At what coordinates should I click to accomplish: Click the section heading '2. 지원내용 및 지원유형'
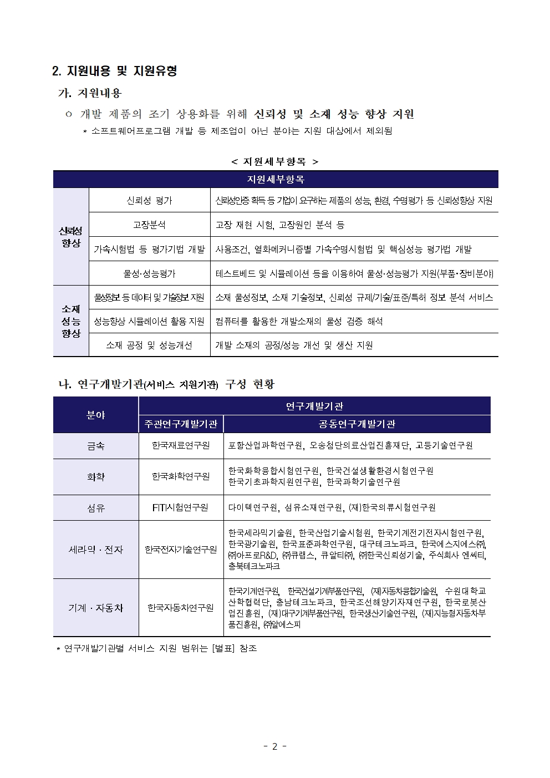click(114, 71)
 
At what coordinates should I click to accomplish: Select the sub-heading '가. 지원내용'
click(90, 93)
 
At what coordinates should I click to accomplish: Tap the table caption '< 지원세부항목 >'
click(275, 161)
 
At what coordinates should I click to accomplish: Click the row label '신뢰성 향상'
click(71, 237)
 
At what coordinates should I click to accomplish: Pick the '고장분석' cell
click(149, 225)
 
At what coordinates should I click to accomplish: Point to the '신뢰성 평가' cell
click(149, 200)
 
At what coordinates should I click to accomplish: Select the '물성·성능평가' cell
click(149, 273)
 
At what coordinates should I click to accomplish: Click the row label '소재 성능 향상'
click(71, 321)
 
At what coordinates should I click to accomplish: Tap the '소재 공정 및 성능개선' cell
click(149, 345)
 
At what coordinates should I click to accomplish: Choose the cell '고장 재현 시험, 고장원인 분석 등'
click(280, 225)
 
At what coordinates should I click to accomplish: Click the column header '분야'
click(95, 415)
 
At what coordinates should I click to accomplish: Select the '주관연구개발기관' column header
click(181, 424)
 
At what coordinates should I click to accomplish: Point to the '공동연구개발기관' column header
click(357, 424)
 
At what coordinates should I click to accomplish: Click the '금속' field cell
click(95, 446)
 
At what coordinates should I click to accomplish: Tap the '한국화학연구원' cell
click(181, 476)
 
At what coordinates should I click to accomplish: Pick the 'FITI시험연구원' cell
click(181, 507)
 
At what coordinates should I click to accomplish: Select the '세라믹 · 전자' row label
click(95, 550)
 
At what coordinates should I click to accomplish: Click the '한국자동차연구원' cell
click(181, 608)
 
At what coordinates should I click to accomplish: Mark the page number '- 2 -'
click(274, 746)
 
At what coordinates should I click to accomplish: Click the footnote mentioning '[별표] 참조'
click(157, 648)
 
